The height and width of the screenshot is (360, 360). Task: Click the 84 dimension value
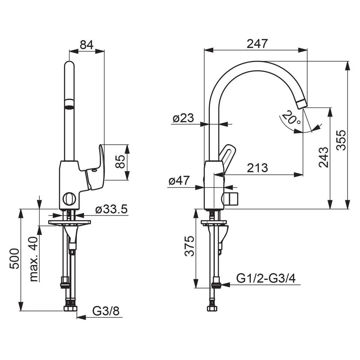click(87, 45)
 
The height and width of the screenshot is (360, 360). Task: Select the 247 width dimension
click(257, 43)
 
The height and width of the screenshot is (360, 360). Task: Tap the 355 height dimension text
click(341, 140)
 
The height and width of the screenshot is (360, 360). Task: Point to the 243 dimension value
click(324, 157)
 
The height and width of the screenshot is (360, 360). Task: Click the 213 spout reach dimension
click(257, 168)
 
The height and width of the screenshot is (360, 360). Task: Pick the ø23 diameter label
click(183, 118)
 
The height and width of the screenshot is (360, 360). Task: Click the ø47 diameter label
click(179, 181)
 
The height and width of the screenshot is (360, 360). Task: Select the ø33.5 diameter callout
click(111, 209)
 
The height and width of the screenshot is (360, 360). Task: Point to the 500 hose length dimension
click(14, 258)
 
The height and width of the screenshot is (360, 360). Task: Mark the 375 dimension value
click(190, 246)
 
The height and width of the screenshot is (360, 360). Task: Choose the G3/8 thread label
click(106, 311)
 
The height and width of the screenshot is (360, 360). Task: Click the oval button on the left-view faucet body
click(69, 198)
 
